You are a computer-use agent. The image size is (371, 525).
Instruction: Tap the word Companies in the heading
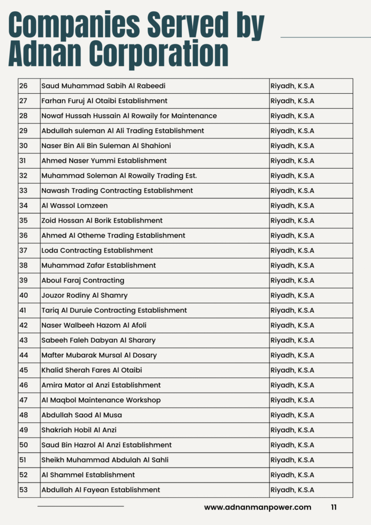tap(72, 24)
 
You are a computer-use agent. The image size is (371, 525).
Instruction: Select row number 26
tap(24, 86)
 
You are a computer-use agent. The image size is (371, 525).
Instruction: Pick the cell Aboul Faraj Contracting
tap(83, 280)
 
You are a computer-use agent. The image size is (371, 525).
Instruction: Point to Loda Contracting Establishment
tap(97, 251)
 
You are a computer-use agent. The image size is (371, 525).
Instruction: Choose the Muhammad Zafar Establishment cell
tap(98, 266)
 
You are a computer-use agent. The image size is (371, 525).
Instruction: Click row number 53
tap(24, 490)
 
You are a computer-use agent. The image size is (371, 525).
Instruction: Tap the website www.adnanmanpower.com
tap(257, 507)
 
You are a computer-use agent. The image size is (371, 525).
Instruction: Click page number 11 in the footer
tap(334, 507)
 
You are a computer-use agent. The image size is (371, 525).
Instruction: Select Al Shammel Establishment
tap(88, 475)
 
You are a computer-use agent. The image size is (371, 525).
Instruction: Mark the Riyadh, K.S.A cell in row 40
tap(292, 295)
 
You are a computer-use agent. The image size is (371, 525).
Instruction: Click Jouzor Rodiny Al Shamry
tap(85, 295)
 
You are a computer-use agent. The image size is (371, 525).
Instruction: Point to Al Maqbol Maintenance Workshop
tap(101, 400)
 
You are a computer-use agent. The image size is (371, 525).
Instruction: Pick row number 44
tap(24, 355)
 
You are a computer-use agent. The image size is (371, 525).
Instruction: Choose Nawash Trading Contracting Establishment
tap(117, 191)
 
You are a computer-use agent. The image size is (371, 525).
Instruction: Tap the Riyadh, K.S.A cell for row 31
tap(292, 160)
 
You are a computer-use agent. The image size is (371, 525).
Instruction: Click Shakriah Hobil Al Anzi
tap(79, 430)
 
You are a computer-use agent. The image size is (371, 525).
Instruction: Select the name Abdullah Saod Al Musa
tap(81, 415)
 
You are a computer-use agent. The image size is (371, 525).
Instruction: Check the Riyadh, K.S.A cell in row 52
tap(292, 475)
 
